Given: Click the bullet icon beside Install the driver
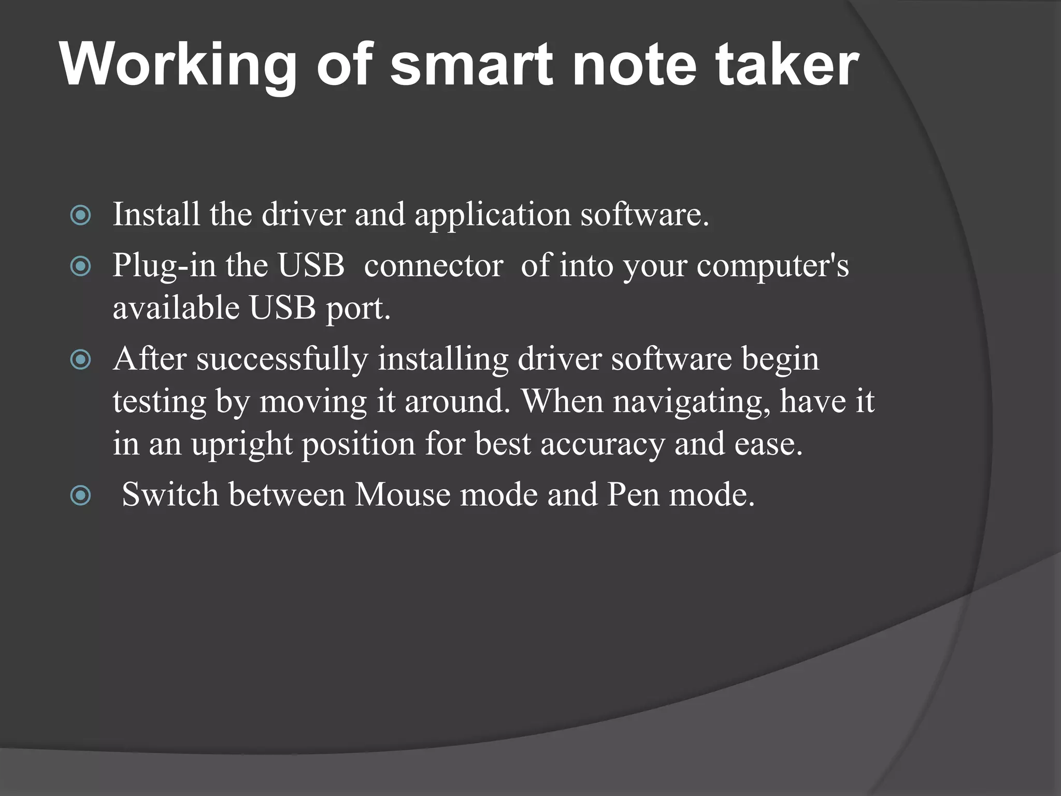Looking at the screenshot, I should (80, 216).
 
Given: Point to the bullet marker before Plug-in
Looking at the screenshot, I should (80, 267).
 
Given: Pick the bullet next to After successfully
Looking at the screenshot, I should (80, 360).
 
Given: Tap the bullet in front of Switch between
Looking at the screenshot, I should (80, 496).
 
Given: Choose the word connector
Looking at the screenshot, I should (434, 266).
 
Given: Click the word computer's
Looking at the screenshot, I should (772, 266).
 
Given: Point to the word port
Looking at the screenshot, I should (357, 309).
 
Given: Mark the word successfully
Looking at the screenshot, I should (282, 359).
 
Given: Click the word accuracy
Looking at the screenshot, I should (603, 445).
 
